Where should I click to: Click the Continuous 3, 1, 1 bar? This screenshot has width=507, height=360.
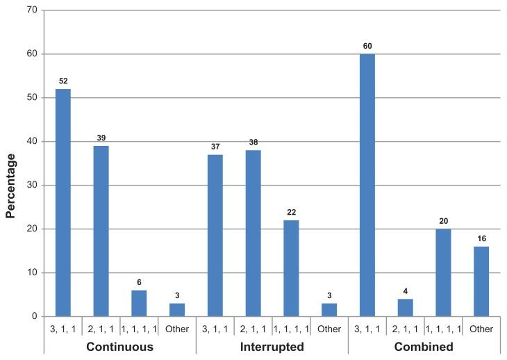[x=63, y=202]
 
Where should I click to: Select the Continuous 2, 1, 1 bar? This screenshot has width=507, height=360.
[x=101, y=231]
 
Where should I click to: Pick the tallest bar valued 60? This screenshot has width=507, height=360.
[x=367, y=185]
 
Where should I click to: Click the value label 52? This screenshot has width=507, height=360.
[x=63, y=81]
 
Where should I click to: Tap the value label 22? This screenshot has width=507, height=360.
[x=291, y=213]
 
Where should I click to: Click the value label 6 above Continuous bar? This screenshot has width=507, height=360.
[x=139, y=283]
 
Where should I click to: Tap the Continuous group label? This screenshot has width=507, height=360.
[x=119, y=345]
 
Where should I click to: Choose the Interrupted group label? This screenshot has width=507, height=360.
[x=272, y=345]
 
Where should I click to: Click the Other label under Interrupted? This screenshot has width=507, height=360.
[x=329, y=329]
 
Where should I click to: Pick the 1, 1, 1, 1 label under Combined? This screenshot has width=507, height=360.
[x=443, y=329]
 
